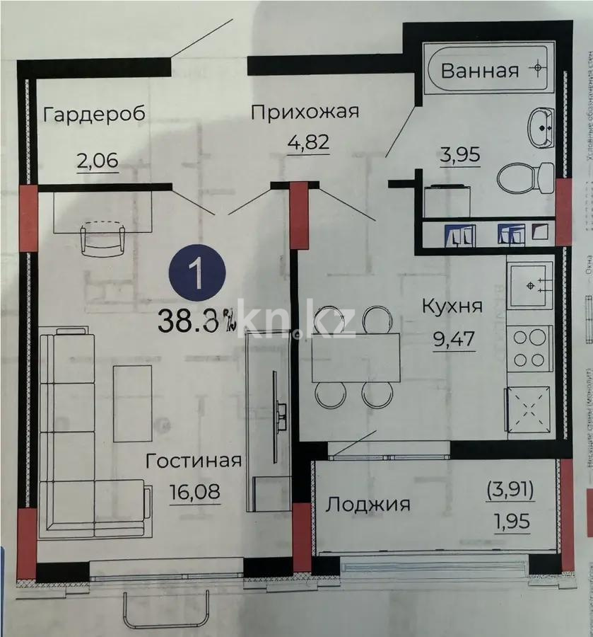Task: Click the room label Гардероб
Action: pyautogui.click(x=94, y=114)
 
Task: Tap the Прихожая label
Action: pyautogui.click(x=305, y=111)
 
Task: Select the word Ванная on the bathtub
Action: pyautogui.click(x=480, y=70)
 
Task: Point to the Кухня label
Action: pyautogui.click(x=452, y=306)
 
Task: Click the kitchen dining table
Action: pyautogui.click(x=355, y=357)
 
